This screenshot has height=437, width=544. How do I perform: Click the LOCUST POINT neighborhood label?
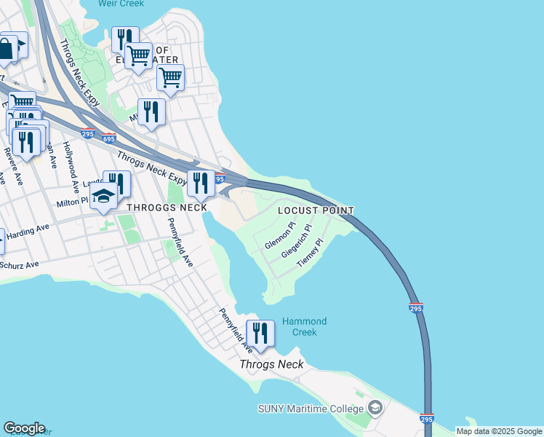coord(316,211)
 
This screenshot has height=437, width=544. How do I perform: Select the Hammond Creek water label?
coord(304,326)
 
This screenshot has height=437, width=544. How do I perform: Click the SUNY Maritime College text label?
coord(311,408)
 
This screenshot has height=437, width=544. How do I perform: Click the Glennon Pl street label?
coord(280,237)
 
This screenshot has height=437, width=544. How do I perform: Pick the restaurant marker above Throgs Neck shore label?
coord(260,334)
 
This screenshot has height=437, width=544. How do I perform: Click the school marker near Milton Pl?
coord(104,198)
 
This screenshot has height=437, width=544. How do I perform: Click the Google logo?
coord(24,428)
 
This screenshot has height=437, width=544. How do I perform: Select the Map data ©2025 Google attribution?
coord(498,431)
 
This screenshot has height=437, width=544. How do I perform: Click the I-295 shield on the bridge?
coord(415,308)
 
